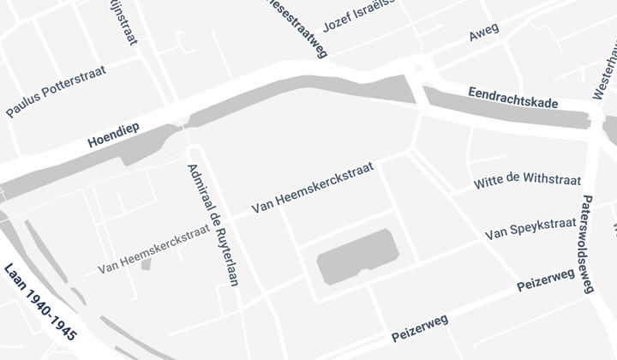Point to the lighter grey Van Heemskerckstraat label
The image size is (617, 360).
[153, 249]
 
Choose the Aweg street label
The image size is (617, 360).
[484, 34]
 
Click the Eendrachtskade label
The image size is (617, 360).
[513, 97]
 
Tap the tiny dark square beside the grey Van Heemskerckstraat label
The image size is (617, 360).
[146, 263]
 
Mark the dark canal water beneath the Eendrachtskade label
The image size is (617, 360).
[506, 115]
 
